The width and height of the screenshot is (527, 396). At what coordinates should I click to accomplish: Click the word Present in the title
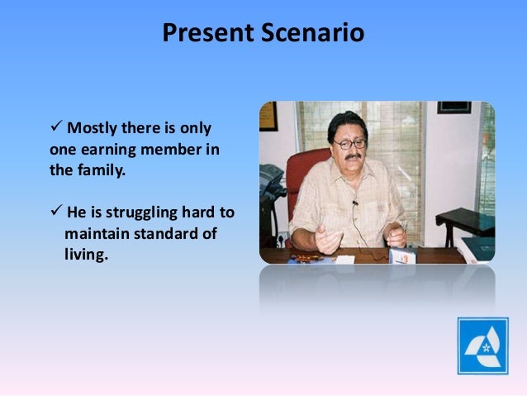tap(207, 32)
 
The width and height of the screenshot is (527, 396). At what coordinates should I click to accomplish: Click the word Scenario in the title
tap(312, 32)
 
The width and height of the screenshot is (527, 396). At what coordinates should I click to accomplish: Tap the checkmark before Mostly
tap(56, 126)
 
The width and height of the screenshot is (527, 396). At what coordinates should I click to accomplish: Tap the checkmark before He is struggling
tap(56, 210)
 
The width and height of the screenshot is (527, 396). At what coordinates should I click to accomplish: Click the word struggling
tap(141, 213)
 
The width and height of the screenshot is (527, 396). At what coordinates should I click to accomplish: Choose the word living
tap(86, 255)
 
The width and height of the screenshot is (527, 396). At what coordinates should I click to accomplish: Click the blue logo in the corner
tap(482, 346)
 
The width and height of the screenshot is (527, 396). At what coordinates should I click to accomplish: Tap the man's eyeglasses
tap(349, 144)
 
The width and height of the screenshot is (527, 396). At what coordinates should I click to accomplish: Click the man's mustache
tap(353, 157)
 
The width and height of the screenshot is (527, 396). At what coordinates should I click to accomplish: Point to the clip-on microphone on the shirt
tap(355, 203)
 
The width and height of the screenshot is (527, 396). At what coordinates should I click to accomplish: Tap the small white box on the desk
tap(402, 255)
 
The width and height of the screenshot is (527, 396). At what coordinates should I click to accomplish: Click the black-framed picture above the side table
tap(454, 107)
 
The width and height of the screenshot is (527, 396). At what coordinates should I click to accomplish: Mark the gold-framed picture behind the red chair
tap(268, 116)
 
